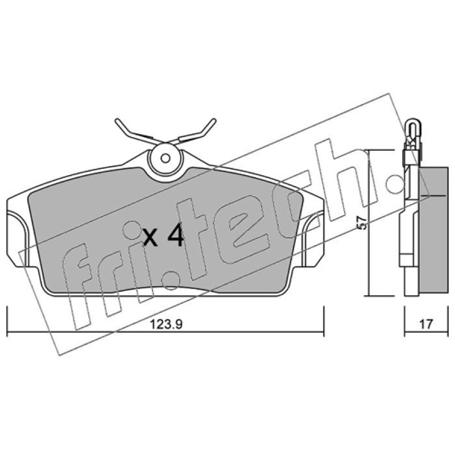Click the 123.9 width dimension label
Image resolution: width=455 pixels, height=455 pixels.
(166, 324)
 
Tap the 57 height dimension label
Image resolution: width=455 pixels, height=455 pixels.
(362, 223)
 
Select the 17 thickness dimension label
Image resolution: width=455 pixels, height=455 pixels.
(426, 324)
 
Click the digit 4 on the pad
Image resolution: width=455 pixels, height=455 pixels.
(175, 234)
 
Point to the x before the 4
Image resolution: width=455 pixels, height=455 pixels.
(151, 237)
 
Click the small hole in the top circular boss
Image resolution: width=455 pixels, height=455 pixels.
(166, 159)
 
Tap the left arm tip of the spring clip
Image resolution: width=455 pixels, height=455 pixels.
(117, 121)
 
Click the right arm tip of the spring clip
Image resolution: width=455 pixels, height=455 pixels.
(214, 120)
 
